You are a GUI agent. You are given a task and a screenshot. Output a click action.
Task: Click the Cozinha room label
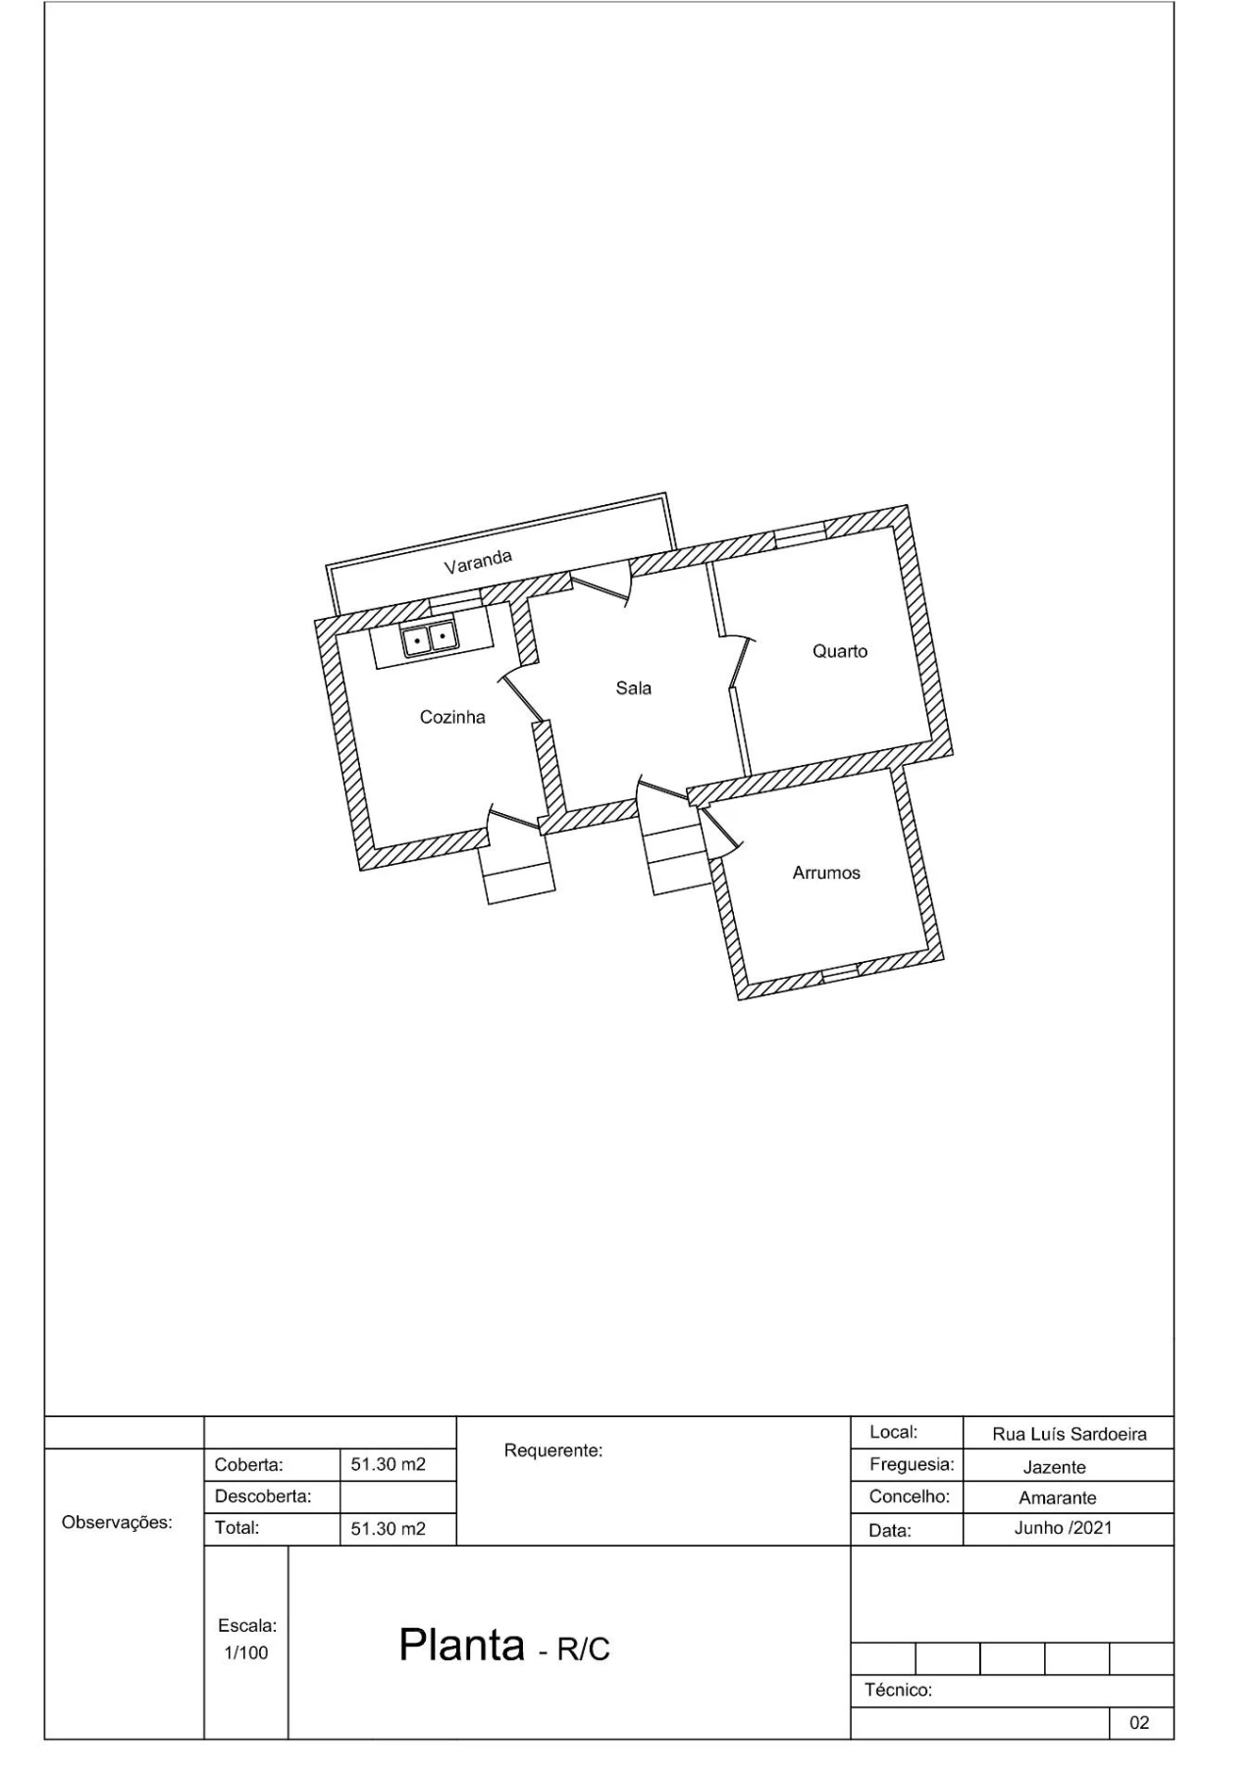452,717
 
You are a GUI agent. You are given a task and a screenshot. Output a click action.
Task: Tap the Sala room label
634,688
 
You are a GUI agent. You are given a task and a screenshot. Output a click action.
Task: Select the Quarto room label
840,651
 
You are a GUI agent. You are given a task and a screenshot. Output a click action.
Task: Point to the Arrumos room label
826,873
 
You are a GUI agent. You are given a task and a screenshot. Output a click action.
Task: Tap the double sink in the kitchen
430,638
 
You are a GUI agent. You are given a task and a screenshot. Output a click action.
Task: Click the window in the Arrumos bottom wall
840,973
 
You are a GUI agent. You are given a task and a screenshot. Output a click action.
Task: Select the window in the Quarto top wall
801,534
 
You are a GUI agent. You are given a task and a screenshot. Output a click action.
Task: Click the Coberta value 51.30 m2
389,1464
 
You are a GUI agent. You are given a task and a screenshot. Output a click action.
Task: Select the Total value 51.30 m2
389,1528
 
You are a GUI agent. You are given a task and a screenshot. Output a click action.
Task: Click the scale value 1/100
245,1652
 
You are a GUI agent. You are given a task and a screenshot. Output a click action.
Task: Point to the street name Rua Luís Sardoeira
1070,1434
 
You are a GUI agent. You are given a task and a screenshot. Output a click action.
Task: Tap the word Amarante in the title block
1058,1497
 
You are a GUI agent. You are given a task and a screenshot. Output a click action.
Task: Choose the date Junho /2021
1064,1528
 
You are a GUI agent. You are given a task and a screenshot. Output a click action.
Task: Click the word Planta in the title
462,1644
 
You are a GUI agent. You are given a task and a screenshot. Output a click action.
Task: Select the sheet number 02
1139,1722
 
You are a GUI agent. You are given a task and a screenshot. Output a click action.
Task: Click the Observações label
117,1523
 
